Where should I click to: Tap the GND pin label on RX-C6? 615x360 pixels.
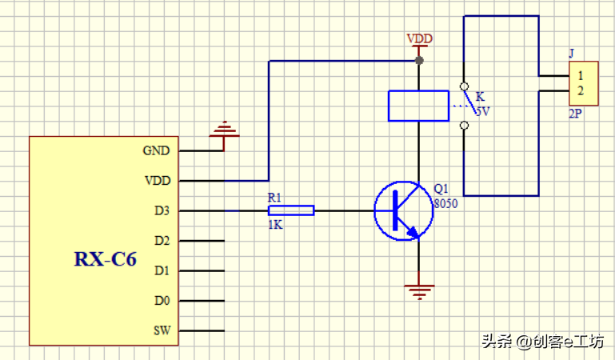pos(156,150)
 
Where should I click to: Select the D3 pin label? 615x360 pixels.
pos(161,211)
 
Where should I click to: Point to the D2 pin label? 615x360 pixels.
pos(161,241)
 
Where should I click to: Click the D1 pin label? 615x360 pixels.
pos(161,271)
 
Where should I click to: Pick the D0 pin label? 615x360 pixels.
pos(161,301)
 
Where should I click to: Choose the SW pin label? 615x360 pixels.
pos(161,330)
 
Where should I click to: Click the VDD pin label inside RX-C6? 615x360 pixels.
pos(157,181)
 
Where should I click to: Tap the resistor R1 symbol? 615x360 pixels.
pos(290,210)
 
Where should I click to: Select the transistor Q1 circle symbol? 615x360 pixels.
pos(404,211)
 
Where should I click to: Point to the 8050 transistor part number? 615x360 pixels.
pos(445,204)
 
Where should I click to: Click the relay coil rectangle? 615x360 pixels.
pos(418,106)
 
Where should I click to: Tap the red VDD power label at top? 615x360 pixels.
pos(419,38)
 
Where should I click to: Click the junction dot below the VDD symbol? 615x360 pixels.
pos(419,61)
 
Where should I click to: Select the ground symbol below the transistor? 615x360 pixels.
pos(418,291)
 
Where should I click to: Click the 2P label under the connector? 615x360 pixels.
pos(575,114)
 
